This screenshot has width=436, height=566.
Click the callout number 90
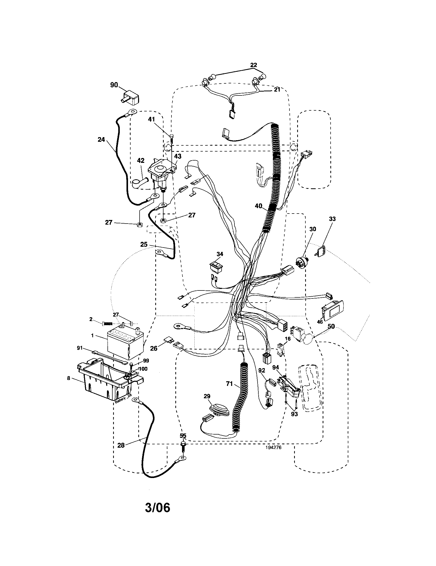(114, 85)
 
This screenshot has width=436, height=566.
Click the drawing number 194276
(273, 447)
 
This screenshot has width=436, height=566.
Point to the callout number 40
(258, 206)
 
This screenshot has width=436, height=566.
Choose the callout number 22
(254, 65)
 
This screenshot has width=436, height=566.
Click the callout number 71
(230, 384)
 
